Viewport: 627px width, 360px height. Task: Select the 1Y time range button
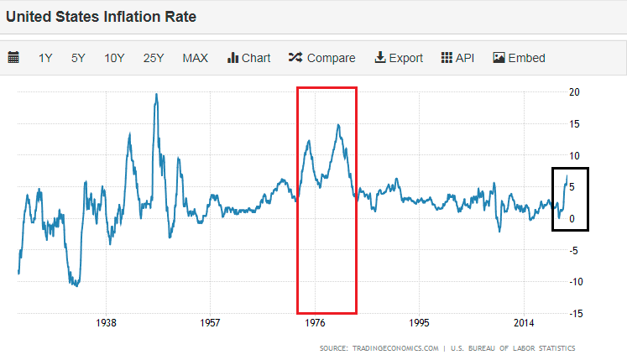45,58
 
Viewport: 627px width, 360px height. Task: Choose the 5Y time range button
78,58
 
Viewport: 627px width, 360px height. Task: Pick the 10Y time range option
114,58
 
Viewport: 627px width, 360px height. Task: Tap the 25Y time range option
154,58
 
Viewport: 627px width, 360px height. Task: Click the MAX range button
196,58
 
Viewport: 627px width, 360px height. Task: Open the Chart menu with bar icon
249,58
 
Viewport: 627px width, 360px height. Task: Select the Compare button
322,58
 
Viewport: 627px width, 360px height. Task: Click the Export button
399,58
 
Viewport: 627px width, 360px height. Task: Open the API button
458,58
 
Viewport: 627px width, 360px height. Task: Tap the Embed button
520,58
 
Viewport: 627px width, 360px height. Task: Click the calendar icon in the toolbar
13,58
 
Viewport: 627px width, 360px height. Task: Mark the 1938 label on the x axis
105,323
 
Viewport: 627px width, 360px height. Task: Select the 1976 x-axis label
315,323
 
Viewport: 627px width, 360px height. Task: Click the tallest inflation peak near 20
156,94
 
